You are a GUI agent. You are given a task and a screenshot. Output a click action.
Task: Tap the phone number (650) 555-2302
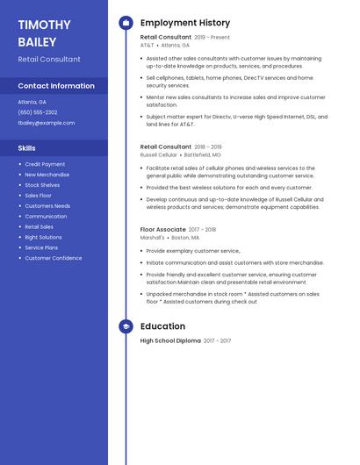pos(38,112)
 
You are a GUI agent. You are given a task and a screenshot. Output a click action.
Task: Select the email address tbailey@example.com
pos(47,123)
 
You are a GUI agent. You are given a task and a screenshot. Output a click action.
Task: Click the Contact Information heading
pos(56,86)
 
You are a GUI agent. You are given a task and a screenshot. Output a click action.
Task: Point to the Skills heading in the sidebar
pos(27,148)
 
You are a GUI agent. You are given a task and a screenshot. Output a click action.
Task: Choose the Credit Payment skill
pos(45,164)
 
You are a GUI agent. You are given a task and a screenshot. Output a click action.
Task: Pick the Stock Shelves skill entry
pos(42,185)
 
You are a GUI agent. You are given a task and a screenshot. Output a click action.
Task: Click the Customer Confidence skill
pos(54,258)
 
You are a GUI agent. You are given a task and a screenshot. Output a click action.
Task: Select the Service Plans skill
pos(41,247)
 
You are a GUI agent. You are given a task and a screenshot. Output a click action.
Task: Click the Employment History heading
pos(185,23)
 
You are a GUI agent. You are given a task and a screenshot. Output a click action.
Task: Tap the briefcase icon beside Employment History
pos(126,23)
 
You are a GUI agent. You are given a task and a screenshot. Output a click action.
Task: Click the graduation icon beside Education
pos(126,326)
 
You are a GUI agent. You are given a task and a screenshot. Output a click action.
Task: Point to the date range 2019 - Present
pos(212,38)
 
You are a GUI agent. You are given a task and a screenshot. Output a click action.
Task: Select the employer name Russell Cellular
pos(158,154)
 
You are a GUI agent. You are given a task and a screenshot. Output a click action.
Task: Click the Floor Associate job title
pos(163,230)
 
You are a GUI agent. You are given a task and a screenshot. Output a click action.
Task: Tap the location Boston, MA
pos(185,238)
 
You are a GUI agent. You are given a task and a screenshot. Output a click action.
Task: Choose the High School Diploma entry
pos(170,340)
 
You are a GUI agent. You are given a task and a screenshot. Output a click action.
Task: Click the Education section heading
pos(162,326)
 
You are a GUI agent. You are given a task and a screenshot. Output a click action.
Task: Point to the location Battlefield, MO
pos(203,154)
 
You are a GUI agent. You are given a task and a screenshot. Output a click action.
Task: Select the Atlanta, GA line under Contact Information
pos(32,102)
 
